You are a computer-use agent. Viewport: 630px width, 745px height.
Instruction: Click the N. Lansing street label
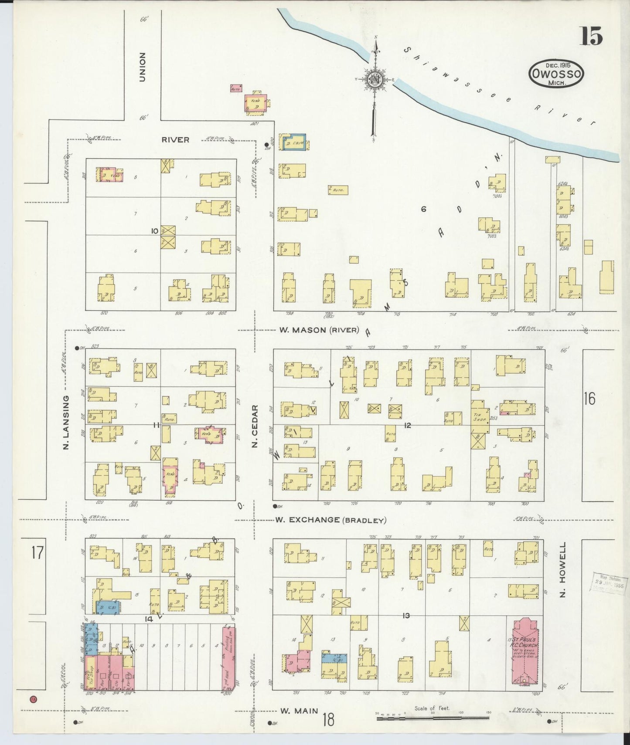pos(66,422)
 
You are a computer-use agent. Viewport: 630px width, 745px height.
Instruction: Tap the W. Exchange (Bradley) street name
pos(330,520)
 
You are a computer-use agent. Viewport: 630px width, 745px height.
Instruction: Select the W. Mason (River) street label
pos(319,330)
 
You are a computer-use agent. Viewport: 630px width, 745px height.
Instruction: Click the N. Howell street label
pos(562,569)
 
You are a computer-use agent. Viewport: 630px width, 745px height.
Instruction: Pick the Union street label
pos(142,67)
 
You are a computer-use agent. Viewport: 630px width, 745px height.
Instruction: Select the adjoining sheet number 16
pos(589,399)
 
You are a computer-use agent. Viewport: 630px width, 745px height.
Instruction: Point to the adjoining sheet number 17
pos(37,553)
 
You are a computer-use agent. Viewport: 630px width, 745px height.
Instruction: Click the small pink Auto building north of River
pos(236,88)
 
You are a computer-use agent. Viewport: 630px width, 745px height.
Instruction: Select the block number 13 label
pos(406,616)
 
